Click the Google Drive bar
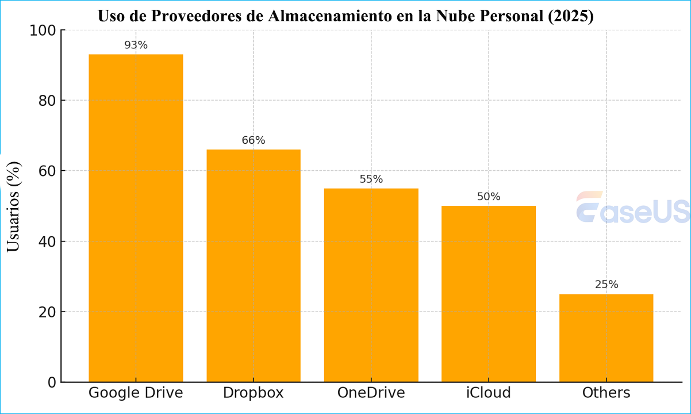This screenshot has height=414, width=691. click(136, 218)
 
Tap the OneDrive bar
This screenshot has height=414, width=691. click(371, 285)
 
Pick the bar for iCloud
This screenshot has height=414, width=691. click(489, 294)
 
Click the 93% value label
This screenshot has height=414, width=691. click(136, 45)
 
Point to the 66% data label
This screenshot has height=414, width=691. click(254, 140)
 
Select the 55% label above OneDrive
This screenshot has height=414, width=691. click(371, 179)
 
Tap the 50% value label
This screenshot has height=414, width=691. click(489, 197)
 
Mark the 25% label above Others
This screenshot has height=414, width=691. click(606, 285)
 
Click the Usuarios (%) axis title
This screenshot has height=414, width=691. click(14, 206)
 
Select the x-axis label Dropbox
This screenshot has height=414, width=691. click(254, 393)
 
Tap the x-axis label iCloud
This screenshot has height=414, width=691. click(489, 393)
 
